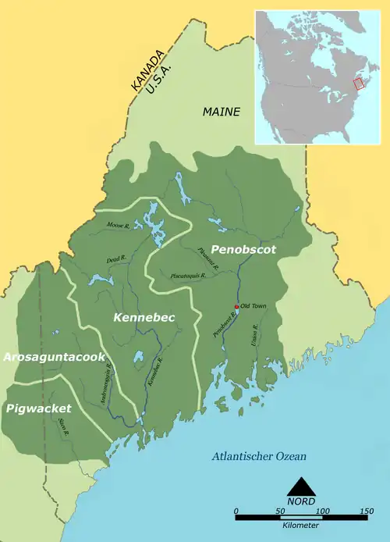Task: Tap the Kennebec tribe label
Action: click(x=144, y=318)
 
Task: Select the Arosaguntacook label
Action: click(x=54, y=357)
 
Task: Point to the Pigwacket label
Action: click(x=37, y=408)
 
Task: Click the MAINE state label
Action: click(x=222, y=112)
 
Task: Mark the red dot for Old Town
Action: click(x=236, y=306)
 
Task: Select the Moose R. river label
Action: click(x=118, y=226)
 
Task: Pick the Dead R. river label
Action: click(x=115, y=260)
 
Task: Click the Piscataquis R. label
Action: click(x=188, y=276)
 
